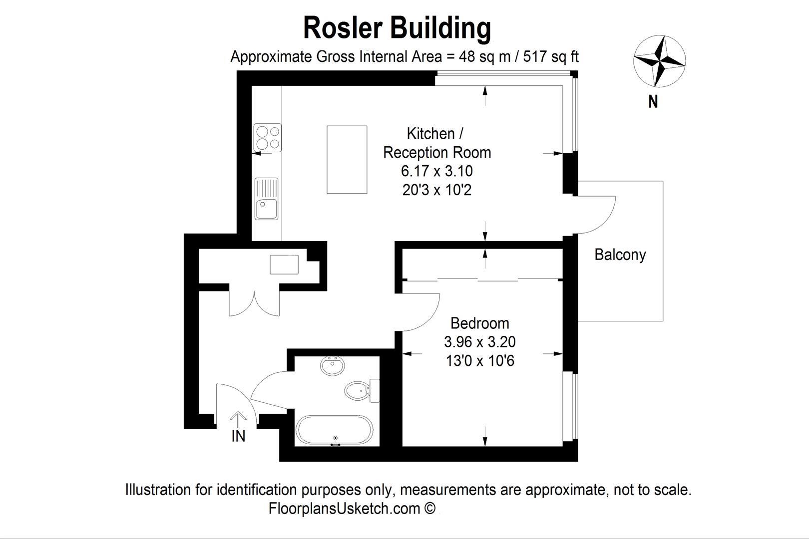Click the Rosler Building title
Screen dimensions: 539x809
click(x=397, y=27)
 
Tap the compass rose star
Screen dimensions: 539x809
click(x=659, y=60)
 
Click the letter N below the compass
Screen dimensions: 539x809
click(x=653, y=102)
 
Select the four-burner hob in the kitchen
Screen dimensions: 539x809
click(x=268, y=138)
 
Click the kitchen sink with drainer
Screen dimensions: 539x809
click(x=267, y=199)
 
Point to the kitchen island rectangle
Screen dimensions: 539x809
click(x=347, y=160)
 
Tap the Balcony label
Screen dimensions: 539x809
click(x=620, y=255)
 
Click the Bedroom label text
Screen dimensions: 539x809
click(x=479, y=323)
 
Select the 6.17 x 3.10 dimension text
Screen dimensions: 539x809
click(x=436, y=171)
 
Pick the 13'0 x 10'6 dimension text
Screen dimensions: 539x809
click(x=479, y=360)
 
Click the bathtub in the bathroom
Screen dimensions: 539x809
click(x=334, y=431)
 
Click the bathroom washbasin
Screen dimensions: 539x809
click(x=332, y=367)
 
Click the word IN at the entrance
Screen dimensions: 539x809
click(x=238, y=436)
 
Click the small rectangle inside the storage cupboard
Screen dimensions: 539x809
click(x=284, y=265)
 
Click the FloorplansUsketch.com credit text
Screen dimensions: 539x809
click(x=352, y=509)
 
